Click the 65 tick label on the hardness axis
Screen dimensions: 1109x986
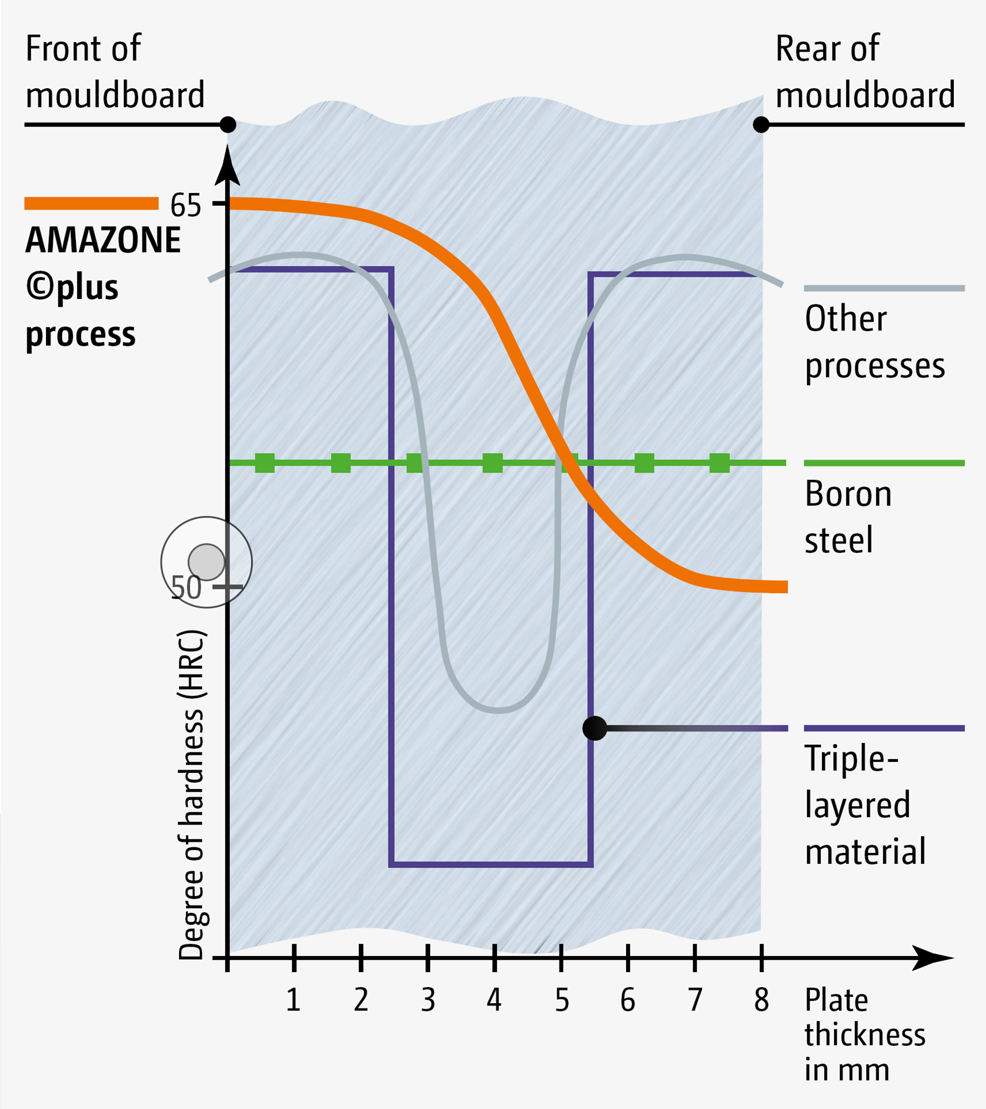(185, 206)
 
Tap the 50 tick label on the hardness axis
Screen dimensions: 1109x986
(186, 588)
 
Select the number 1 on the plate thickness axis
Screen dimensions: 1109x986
(293, 1000)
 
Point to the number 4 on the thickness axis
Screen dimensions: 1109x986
(494, 1000)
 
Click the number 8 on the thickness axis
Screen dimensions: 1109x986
(761, 1000)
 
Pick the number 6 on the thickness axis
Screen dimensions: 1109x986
(628, 1000)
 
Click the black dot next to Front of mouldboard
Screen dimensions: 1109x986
(228, 125)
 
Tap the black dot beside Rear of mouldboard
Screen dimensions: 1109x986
(761, 125)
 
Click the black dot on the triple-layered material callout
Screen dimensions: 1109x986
(594, 728)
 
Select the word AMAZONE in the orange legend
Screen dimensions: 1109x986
(103, 240)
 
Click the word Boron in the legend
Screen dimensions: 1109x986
(848, 494)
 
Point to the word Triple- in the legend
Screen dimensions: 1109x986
(851, 758)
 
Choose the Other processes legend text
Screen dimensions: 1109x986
(875, 342)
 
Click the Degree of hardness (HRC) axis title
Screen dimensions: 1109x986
(191, 794)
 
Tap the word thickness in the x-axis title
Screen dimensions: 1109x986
(865, 1035)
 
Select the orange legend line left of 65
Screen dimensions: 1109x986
(92, 204)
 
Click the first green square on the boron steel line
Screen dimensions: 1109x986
(265, 463)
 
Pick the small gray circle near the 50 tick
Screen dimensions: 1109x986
(206, 562)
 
